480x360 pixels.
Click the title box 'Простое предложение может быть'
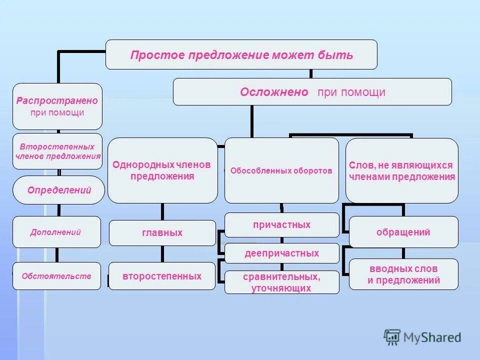click(241, 54)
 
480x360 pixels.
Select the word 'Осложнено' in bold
click(273, 92)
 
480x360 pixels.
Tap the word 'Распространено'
click(57, 100)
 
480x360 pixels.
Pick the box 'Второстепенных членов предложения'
click(57, 151)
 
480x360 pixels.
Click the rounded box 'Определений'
click(59, 190)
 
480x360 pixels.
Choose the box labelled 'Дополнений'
click(56, 232)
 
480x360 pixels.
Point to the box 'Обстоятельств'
click(56, 275)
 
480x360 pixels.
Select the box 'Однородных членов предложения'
click(162, 170)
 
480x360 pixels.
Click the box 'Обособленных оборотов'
click(281, 170)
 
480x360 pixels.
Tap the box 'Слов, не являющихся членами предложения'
click(401, 170)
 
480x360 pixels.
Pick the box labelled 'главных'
click(162, 233)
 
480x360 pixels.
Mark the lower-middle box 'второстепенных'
click(162, 276)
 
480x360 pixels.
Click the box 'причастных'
click(281, 225)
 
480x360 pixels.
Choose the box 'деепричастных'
click(281, 253)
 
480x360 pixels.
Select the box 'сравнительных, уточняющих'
click(281, 282)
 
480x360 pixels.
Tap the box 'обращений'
click(403, 232)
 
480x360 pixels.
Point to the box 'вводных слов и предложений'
click(403, 274)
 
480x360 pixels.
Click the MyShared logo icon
click(392, 337)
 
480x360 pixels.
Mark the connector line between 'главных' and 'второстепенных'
click(162, 254)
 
